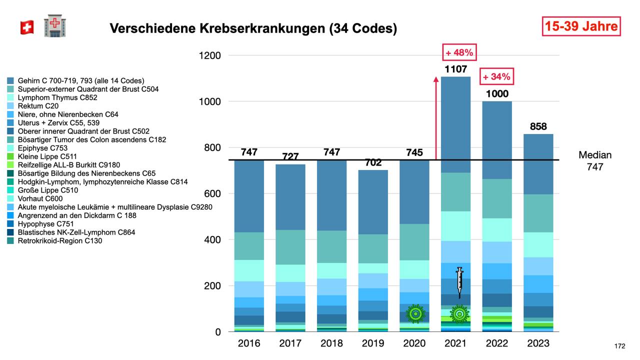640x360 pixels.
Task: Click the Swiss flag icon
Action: tap(26, 28)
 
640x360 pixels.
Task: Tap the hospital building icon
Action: tap(54, 26)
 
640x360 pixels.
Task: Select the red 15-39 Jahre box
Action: tap(581, 26)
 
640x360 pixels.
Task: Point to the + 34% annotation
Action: tap(496, 77)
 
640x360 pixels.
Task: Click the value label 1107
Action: tap(455, 69)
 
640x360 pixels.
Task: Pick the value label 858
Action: tap(538, 126)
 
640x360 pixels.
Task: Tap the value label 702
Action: tap(373, 162)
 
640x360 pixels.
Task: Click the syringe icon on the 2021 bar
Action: tap(459, 282)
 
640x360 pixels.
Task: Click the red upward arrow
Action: tap(435, 118)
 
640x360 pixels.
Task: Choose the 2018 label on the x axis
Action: tap(331, 343)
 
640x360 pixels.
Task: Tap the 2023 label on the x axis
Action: tap(538, 343)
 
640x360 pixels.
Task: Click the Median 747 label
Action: tap(595, 161)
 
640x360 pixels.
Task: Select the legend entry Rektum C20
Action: tap(38, 106)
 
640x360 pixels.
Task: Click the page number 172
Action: tap(620, 346)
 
